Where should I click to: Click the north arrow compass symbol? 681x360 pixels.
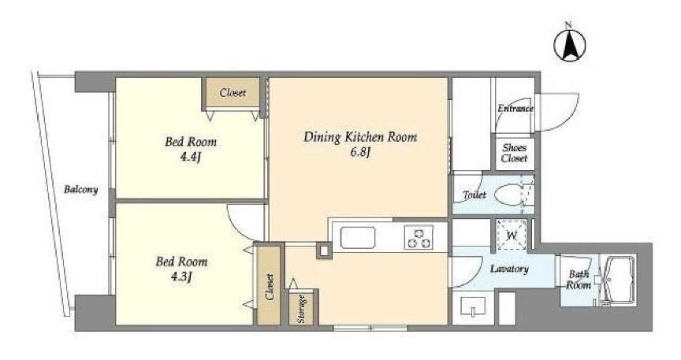570,44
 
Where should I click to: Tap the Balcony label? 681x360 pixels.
80,189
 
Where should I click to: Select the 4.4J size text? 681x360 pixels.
190,158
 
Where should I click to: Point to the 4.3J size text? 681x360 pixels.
181,276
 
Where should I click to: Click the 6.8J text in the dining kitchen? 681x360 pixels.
360,153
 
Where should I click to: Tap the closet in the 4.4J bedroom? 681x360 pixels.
233,92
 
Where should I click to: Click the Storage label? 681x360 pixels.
302,309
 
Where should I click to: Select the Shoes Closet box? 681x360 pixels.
515,153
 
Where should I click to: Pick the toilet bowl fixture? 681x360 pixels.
509,195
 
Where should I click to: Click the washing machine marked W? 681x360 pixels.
512,235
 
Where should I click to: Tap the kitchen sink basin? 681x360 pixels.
357,238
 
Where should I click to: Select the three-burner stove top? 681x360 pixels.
419,238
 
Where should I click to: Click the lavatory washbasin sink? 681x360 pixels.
473,306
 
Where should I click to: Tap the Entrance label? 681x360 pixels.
515,109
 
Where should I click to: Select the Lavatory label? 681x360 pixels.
509,269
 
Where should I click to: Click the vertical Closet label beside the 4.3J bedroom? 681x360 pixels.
270,287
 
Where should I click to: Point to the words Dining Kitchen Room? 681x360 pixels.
360,137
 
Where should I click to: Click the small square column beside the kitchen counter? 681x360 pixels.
324,251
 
